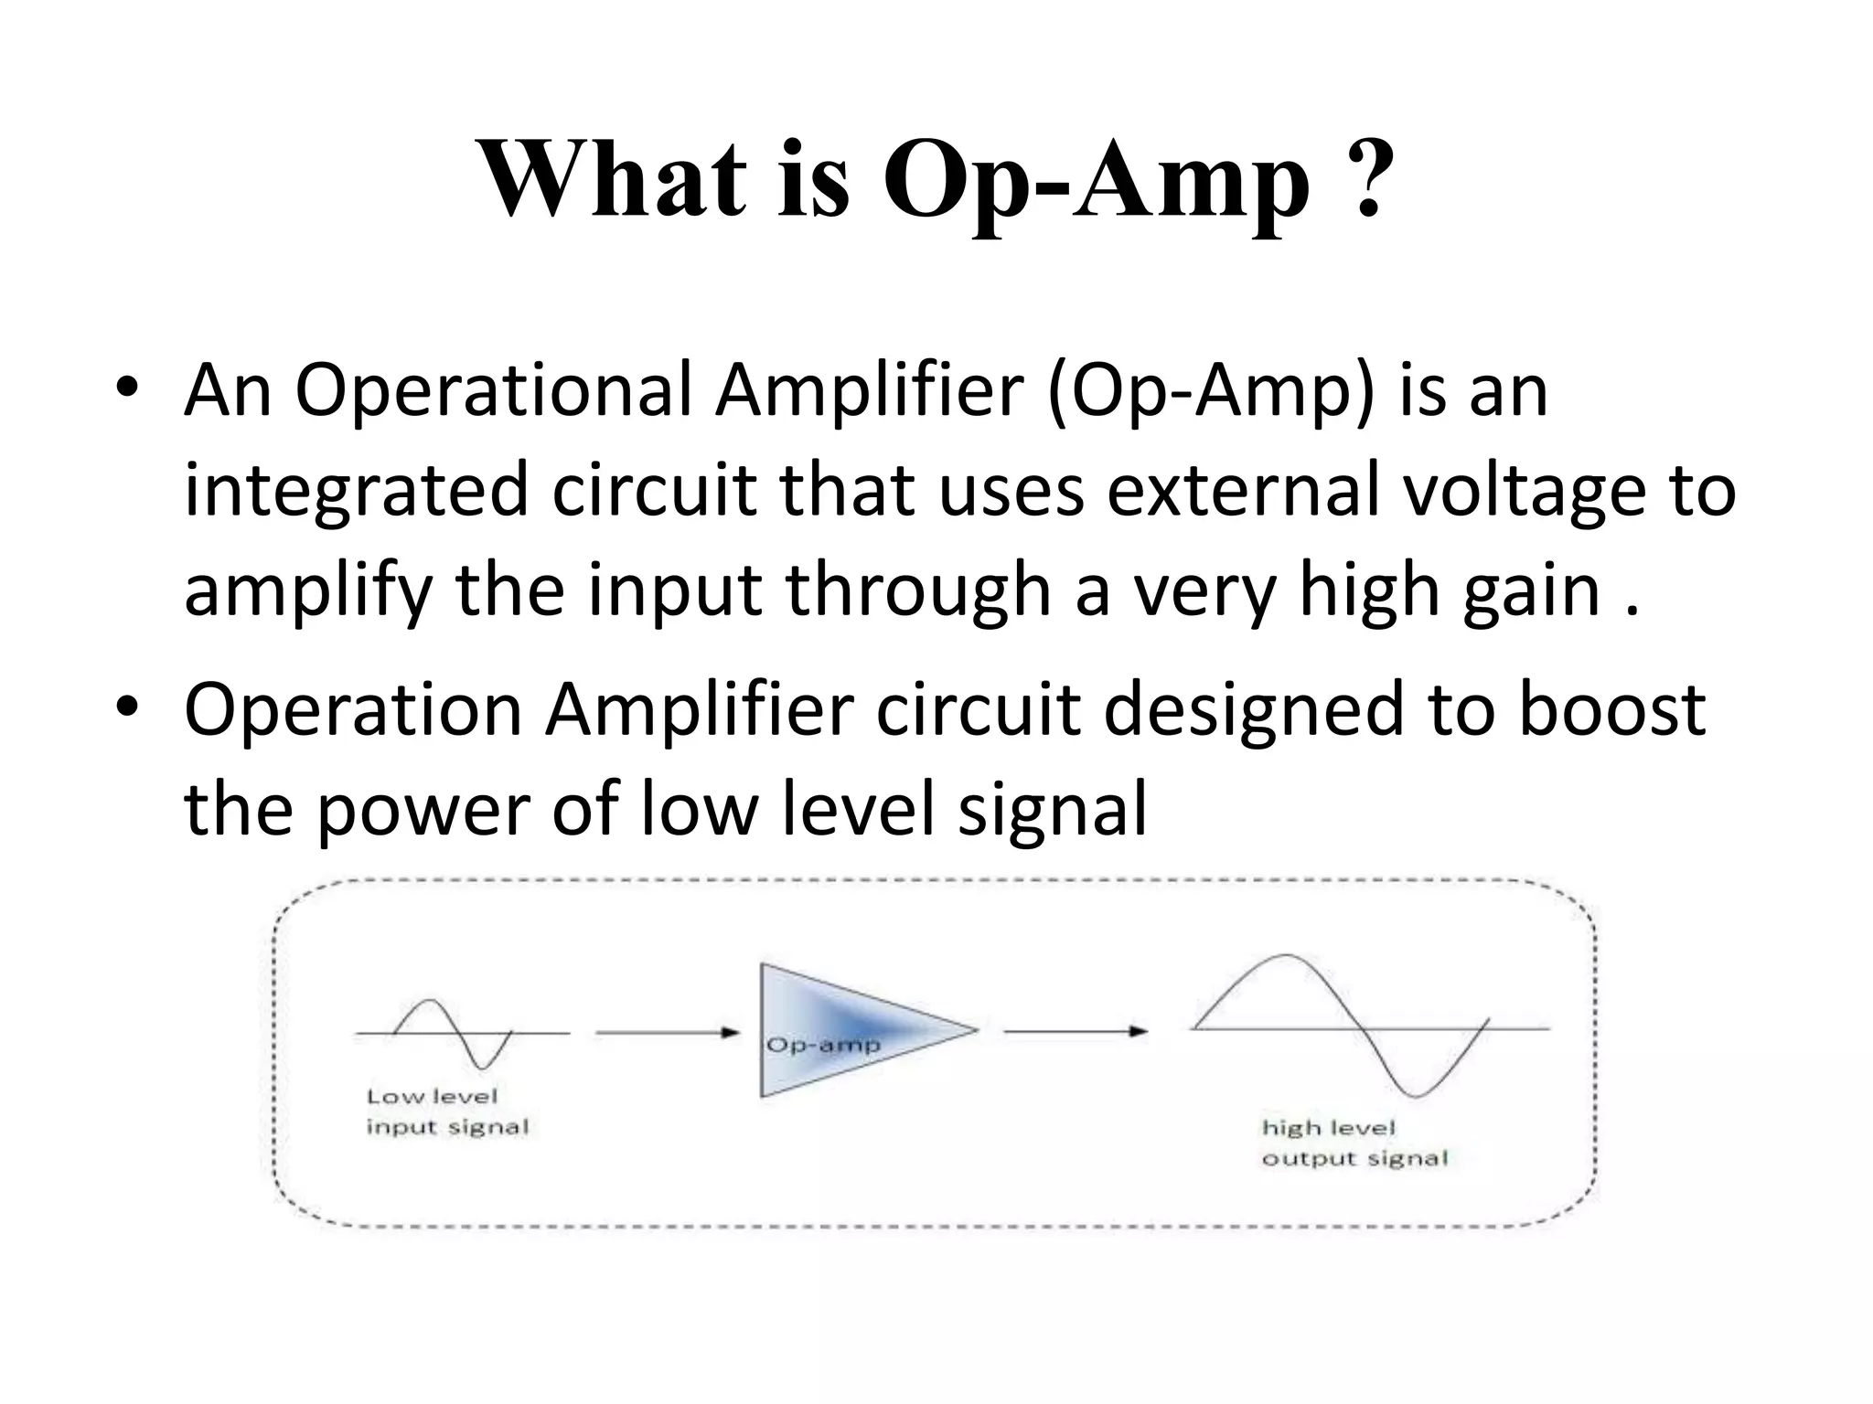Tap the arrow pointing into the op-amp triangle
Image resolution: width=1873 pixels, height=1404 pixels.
[x=667, y=1032]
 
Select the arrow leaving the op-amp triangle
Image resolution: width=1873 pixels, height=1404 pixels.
[x=1075, y=1031]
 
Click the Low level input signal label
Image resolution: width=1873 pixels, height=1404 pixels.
[x=447, y=1111]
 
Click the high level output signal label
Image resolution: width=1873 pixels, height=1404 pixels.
[x=1354, y=1143]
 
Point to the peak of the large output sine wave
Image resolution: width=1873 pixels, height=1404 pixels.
[x=1287, y=956]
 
